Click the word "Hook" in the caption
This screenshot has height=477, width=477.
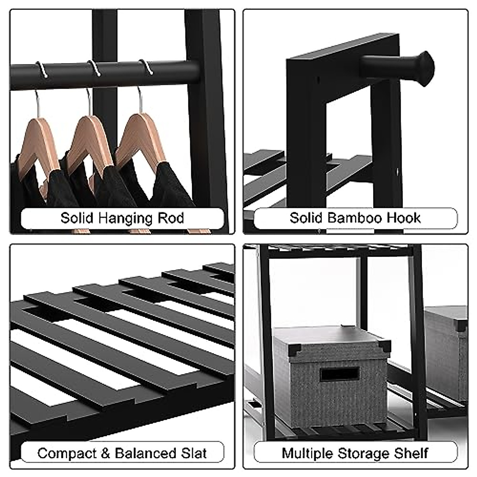point(405,218)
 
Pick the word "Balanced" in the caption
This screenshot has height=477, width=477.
point(145,453)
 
